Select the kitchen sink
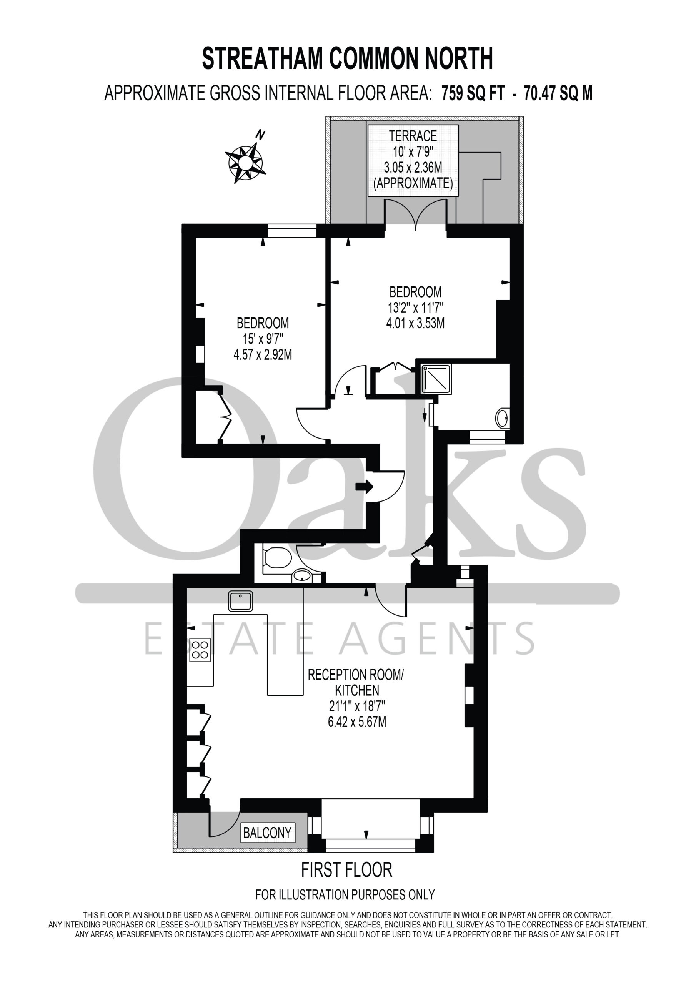coord(241,600)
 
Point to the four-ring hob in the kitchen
coord(200,650)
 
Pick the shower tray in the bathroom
coord(436,379)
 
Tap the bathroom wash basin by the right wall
coord(503,418)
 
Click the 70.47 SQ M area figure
coord(558,93)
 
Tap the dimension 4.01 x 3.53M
coord(415,323)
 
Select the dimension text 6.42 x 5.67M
coord(357,722)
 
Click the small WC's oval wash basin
coord(303,575)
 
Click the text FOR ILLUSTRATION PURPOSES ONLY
coord(345,894)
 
